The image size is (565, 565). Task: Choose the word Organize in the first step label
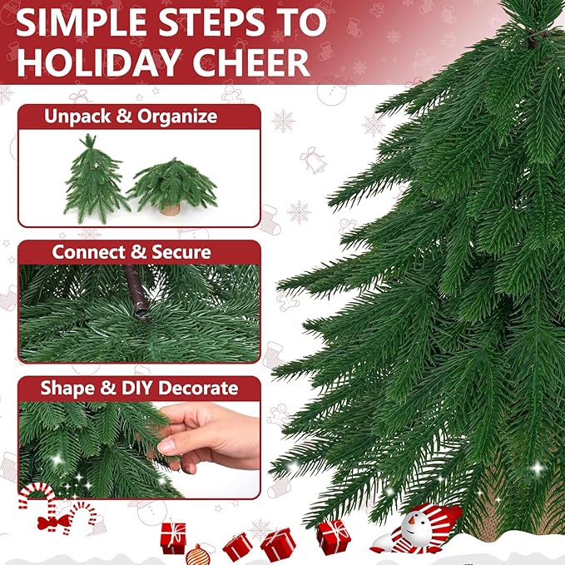(176, 116)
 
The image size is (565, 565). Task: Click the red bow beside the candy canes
(51, 523)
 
